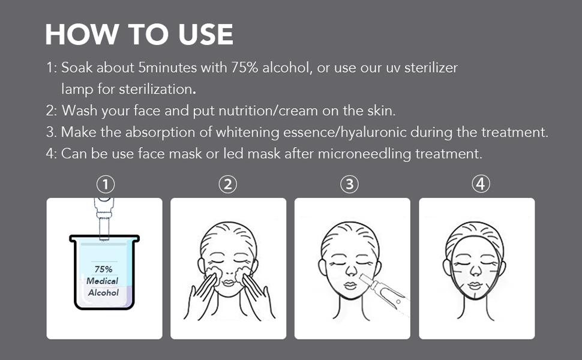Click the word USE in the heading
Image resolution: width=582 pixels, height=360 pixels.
pyautogui.click(x=206, y=35)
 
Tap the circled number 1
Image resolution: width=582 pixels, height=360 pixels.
pyautogui.click(x=106, y=184)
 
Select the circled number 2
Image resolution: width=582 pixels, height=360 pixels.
pyautogui.click(x=227, y=184)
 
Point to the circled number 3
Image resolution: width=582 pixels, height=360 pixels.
pyautogui.click(x=349, y=184)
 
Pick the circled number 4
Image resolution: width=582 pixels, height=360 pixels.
pyautogui.click(x=481, y=184)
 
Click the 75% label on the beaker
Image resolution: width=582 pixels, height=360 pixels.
pyautogui.click(x=104, y=269)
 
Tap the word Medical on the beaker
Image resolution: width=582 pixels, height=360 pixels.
pyautogui.click(x=102, y=281)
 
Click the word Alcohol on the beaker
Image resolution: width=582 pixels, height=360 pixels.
pyautogui.click(x=103, y=292)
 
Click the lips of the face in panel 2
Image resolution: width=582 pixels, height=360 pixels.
pyautogui.click(x=228, y=283)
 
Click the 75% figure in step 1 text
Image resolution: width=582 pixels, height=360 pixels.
pyautogui.click(x=245, y=68)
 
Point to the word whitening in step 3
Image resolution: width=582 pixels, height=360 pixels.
pyautogui.click(x=248, y=133)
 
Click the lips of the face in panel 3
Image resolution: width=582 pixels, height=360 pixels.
pyautogui.click(x=351, y=286)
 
